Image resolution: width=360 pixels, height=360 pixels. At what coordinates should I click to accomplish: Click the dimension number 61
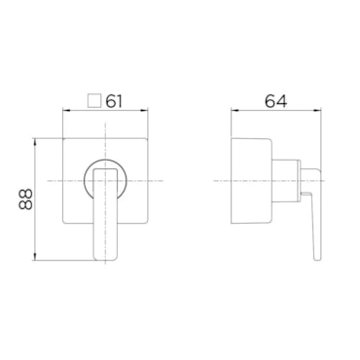tap(114, 101)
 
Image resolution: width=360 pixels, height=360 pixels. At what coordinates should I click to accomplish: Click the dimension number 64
tap(276, 101)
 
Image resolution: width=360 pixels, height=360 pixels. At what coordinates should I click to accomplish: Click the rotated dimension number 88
tap(26, 199)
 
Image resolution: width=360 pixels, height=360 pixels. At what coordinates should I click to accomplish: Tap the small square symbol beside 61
tap(94, 101)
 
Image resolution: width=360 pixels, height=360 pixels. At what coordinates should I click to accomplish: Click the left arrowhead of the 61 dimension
tap(66, 111)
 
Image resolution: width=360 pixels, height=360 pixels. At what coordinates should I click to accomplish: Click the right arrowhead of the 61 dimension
tap(144, 111)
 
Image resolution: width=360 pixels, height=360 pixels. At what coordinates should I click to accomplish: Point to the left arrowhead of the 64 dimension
tap(234, 111)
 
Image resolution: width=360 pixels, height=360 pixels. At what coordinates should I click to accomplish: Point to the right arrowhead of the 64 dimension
tap(317, 111)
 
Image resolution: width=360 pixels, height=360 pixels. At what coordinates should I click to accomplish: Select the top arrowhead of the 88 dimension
tap(36, 142)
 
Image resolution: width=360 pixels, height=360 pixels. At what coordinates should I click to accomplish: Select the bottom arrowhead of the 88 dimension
tap(36, 257)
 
